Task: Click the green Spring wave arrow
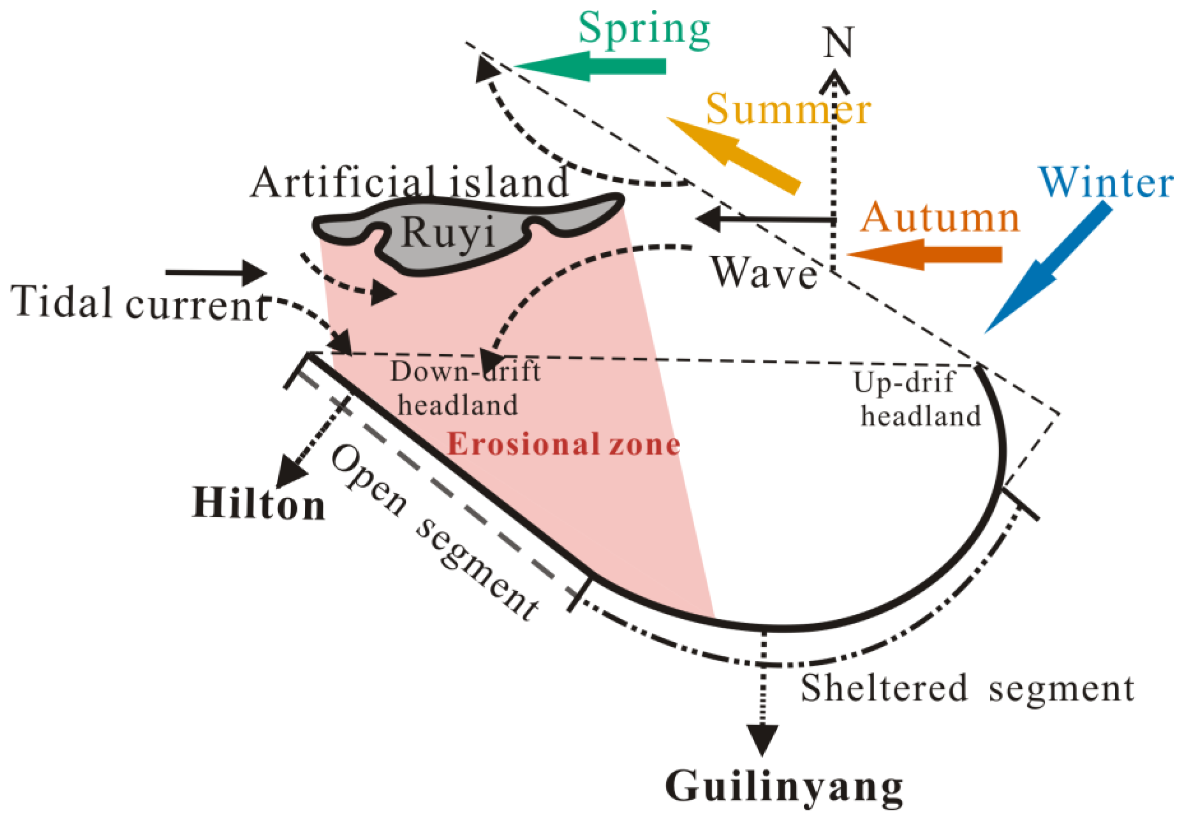(x=589, y=66)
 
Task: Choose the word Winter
(x=1105, y=183)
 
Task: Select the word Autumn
(x=940, y=218)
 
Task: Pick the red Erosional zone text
(x=564, y=444)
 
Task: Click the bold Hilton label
(x=258, y=504)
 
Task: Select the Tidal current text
(x=139, y=303)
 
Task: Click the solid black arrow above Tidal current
(x=215, y=272)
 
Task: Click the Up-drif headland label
(x=918, y=399)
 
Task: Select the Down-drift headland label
(x=464, y=388)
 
